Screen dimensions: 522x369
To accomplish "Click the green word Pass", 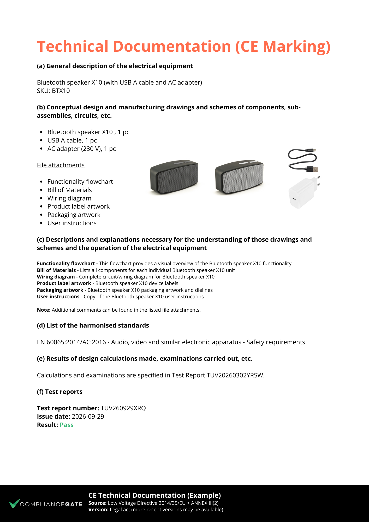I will click(x=67, y=425).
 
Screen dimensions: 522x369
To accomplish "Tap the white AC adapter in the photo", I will click(x=303, y=193).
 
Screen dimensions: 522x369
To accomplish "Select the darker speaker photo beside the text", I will click(x=174, y=177).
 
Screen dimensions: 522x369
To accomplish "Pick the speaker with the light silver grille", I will click(x=239, y=177).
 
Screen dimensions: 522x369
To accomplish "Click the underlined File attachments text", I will click(x=61, y=165).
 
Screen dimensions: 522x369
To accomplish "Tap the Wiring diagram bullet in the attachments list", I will click(x=69, y=198).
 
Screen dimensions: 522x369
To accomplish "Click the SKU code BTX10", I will click(x=61, y=91).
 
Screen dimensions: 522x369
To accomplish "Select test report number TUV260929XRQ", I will click(x=123, y=408).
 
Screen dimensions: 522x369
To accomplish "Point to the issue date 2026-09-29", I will click(x=88, y=417).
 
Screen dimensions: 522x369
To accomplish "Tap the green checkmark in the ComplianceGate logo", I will click(x=14, y=503).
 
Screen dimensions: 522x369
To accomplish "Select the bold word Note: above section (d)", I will click(x=44, y=310).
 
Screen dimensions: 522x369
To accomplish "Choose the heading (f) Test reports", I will click(x=59, y=392).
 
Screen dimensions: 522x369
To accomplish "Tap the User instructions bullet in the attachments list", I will click(x=72, y=223).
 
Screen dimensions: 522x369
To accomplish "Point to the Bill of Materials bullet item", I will click(x=69, y=190).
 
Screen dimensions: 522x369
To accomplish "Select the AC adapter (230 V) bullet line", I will click(x=81, y=149).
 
